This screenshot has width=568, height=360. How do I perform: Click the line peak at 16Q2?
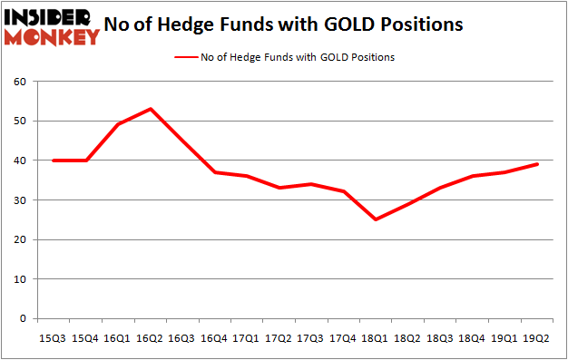coord(151,109)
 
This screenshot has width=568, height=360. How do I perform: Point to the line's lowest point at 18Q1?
coord(375,219)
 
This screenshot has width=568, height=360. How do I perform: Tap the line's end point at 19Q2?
coord(537,164)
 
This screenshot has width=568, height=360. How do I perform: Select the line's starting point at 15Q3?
coord(54,161)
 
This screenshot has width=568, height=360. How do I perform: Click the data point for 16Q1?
coord(118,124)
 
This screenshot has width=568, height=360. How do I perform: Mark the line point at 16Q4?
coord(215,172)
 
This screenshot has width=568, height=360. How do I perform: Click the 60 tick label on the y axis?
coord(18,82)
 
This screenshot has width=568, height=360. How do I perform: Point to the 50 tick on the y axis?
coord(18,121)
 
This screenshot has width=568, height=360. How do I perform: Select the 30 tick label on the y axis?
coord(18,200)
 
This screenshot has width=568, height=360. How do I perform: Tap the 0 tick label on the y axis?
coord(21,319)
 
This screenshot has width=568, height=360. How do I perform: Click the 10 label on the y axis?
coord(18,279)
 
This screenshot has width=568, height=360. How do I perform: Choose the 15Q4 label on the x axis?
coord(86,338)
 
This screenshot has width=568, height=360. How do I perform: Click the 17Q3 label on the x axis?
coord(312,338)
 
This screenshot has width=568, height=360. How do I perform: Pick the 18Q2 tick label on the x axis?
coord(408,338)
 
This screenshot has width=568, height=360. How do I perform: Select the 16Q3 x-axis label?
coord(183,338)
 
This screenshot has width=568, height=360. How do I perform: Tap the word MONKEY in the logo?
coord(54,37)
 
